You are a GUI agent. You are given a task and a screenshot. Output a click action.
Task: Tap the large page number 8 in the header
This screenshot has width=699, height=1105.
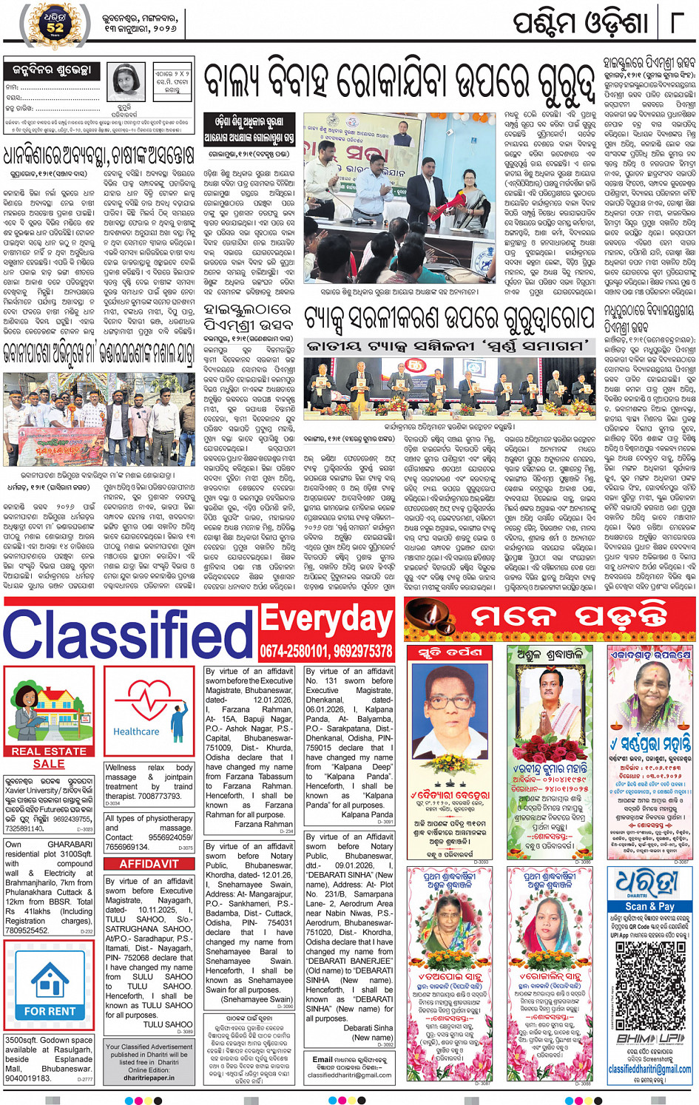click(675, 22)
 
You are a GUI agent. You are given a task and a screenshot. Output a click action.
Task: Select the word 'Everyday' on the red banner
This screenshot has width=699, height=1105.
click(325, 620)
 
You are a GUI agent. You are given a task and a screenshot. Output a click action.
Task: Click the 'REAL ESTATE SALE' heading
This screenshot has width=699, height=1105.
click(49, 757)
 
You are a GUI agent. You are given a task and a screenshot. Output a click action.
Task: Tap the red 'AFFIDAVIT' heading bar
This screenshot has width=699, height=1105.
click(149, 863)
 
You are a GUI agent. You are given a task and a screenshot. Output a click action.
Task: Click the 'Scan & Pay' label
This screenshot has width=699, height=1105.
click(649, 906)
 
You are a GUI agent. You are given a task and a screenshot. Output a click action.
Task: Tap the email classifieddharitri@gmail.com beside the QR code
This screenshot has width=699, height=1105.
click(649, 1069)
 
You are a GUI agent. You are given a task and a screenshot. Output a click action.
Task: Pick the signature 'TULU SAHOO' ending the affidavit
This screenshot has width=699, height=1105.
click(168, 1024)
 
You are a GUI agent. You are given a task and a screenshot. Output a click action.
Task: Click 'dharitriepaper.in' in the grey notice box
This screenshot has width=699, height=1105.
click(149, 1078)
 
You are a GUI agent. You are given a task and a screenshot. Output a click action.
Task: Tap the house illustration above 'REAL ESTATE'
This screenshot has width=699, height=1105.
click(49, 712)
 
